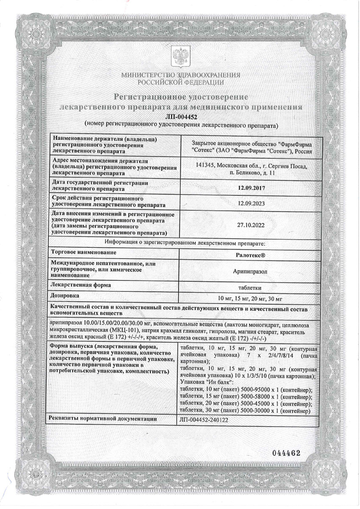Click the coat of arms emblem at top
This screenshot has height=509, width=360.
[180, 57]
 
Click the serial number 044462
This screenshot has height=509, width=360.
[285, 453]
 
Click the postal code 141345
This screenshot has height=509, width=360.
[200, 166]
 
